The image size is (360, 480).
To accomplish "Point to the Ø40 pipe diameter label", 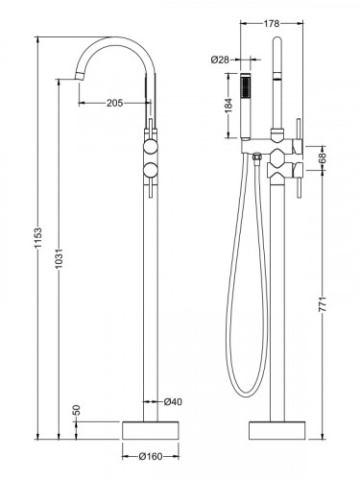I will [x=172, y=402].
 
